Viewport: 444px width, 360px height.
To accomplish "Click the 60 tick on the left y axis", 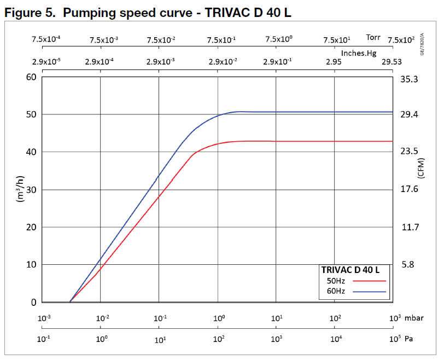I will [31, 77].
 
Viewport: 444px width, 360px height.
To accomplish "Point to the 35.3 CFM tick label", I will [410, 79].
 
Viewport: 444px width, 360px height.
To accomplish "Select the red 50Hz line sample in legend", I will [370, 280].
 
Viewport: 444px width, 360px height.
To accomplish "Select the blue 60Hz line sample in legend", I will [370, 291].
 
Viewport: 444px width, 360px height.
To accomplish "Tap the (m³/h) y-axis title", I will [21, 189].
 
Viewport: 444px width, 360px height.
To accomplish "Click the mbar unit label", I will [416, 318].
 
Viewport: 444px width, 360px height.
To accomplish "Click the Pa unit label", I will [408, 339].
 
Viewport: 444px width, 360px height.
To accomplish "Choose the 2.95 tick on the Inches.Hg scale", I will [334, 62].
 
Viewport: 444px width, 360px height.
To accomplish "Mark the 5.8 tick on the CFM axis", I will [408, 264].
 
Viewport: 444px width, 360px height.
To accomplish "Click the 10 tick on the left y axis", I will [31, 264].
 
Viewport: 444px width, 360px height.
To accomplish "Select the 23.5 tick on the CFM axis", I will [410, 152].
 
